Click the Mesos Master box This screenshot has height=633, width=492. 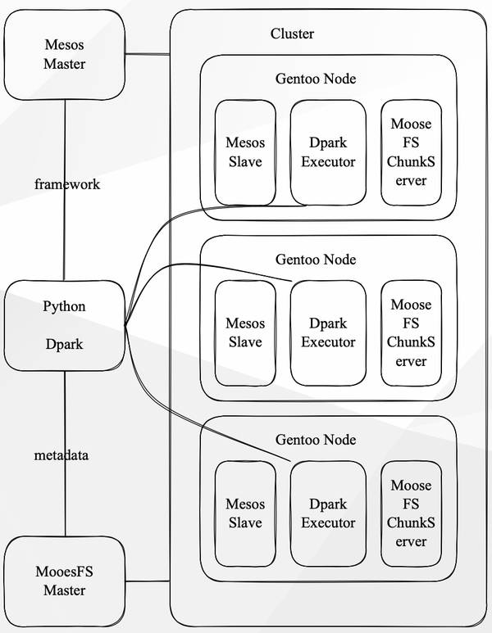pyautogui.click(x=64, y=53)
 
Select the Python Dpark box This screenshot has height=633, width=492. pyautogui.click(x=64, y=325)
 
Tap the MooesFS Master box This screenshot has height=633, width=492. pyautogui.click(x=64, y=580)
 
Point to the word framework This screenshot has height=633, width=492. pyautogui.click(x=67, y=184)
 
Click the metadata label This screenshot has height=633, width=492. pyautogui.click(x=61, y=455)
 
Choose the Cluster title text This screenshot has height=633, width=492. pyautogui.click(x=292, y=34)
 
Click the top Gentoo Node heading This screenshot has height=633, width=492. pyautogui.click(x=316, y=79)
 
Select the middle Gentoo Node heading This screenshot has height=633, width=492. pyautogui.click(x=316, y=260)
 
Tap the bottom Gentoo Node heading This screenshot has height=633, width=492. pyautogui.click(x=316, y=440)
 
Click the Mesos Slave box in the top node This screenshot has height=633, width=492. pyautogui.click(x=244, y=152)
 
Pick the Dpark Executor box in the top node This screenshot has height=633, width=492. pyautogui.click(x=328, y=152)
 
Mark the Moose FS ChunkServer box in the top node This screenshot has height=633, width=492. pyautogui.click(x=411, y=152)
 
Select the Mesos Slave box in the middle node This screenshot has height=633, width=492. pyautogui.click(x=244, y=333)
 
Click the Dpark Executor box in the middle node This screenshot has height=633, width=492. pyautogui.click(x=328, y=333)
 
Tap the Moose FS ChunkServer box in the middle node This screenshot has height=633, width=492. pyautogui.click(x=411, y=333)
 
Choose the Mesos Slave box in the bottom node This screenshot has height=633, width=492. pyautogui.click(x=244, y=513)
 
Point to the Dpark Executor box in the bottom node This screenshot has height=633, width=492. pyautogui.click(x=328, y=513)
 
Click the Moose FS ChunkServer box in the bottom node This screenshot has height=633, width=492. pyautogui.click(x=411, y=513)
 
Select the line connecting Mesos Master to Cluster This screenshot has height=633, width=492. pyautogui.click(x=147, y=55)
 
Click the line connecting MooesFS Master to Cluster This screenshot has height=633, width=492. pyautogui.click(x=147, y=581)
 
